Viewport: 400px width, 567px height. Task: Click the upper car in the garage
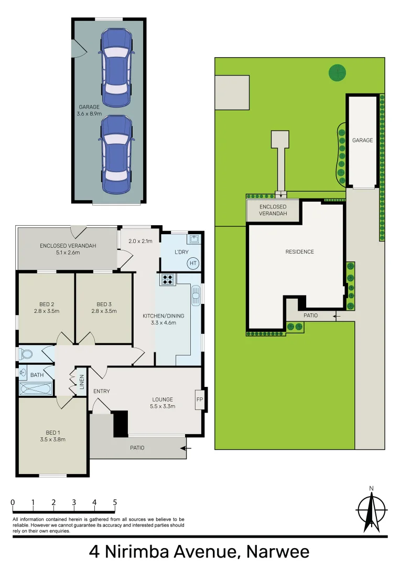coord(116,67)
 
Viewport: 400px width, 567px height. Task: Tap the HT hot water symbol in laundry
coord(193,263)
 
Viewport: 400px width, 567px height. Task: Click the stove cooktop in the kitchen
coord(167,280)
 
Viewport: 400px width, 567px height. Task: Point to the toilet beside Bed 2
coord(25,354)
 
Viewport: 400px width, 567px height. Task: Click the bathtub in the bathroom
coord(35,389)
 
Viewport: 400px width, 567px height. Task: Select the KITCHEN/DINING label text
coord(164,316)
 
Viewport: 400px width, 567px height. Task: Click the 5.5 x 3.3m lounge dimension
coord(163,406)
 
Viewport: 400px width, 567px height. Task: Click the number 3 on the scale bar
coord(74,502)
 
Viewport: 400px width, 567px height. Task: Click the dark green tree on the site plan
coord(337,72)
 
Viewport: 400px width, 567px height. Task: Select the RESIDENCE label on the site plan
coord(299,252)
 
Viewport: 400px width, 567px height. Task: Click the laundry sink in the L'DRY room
coord(194,239)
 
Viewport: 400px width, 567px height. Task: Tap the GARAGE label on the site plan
coord(362,140)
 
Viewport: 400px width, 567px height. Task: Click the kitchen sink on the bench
coord(196,295)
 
